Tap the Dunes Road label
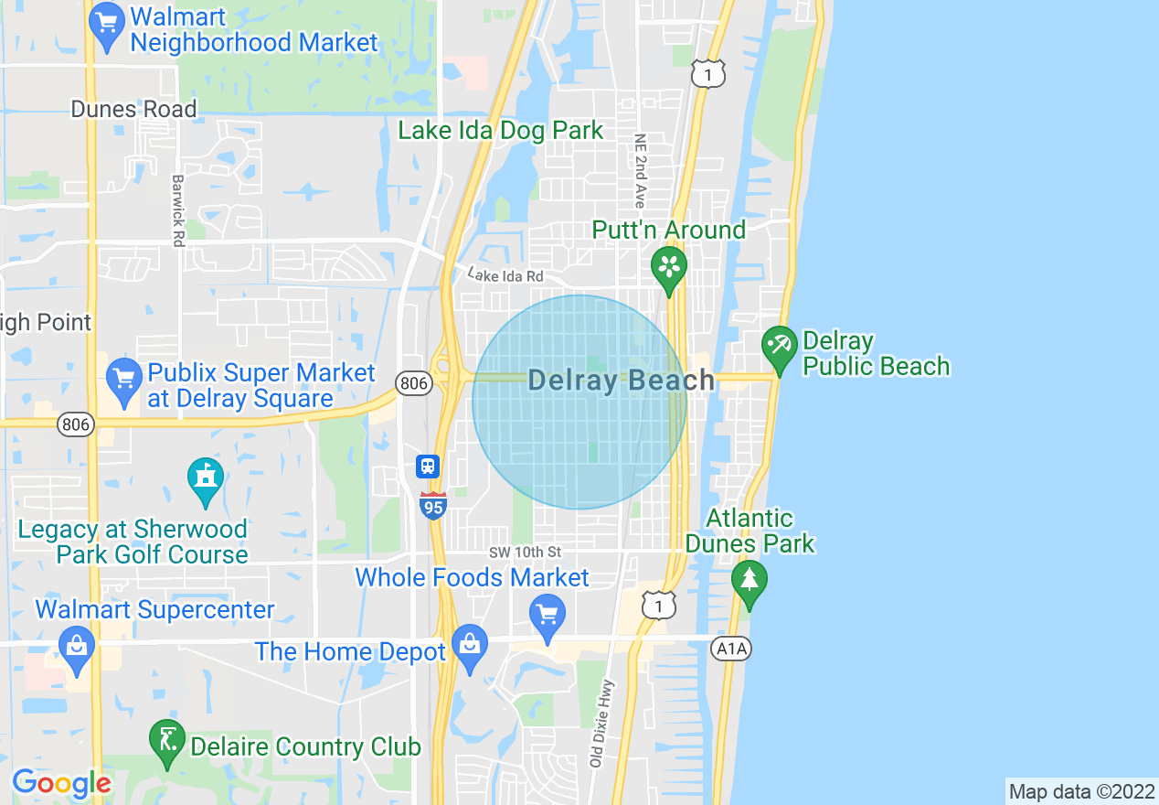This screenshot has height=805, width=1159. (133, 109)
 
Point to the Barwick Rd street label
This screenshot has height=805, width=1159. (177, 209)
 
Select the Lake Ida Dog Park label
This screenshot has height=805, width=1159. (501, 131)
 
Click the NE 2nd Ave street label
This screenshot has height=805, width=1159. (640, 169)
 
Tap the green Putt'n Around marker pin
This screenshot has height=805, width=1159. (669, 267)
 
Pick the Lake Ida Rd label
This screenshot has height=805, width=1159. (505, 274)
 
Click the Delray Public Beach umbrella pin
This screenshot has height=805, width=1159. (780, 347)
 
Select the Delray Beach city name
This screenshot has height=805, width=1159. (622, 381)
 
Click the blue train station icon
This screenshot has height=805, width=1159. (428, 467)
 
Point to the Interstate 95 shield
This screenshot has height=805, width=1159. (433, 505)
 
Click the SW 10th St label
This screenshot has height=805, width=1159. (525, 553)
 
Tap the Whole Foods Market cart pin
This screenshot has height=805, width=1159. (548, 615)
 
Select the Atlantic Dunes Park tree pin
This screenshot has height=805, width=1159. (750, 581)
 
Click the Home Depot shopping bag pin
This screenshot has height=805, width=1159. (470, 645)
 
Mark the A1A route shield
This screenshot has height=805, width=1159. (730, 649)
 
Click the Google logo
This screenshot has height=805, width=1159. (61, 783)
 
